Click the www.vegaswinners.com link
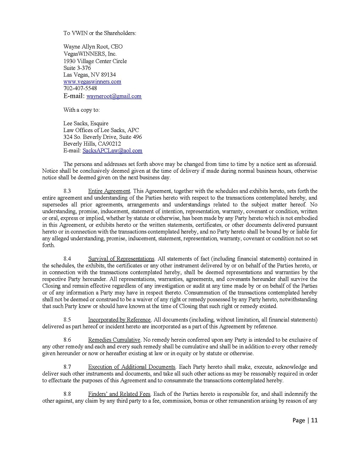coord(92,82)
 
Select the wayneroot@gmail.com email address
coord(114,97)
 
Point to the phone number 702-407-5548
coord(80,88)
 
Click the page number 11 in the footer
coord(314,420)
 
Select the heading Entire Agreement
coord(109,191)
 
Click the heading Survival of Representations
coord(121,259)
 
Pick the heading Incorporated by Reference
coord(119,320)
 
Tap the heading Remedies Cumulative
coord(114,340)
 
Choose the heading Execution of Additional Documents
coord(132,367)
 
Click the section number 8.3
coord(67,191)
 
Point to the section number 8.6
coord(67,340)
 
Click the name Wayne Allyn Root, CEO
coord(93,47)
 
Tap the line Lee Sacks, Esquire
coord(86,124)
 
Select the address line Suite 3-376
coord(77,68)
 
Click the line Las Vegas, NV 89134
coord(90,75)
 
